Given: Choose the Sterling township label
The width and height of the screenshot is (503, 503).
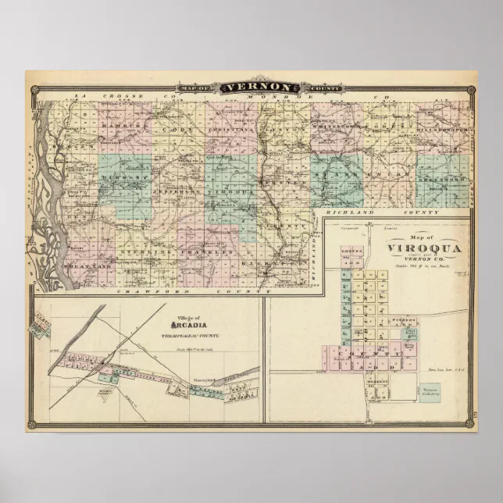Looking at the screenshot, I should tap(140, 253).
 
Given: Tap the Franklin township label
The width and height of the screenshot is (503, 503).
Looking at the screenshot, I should tap(209, 253).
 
